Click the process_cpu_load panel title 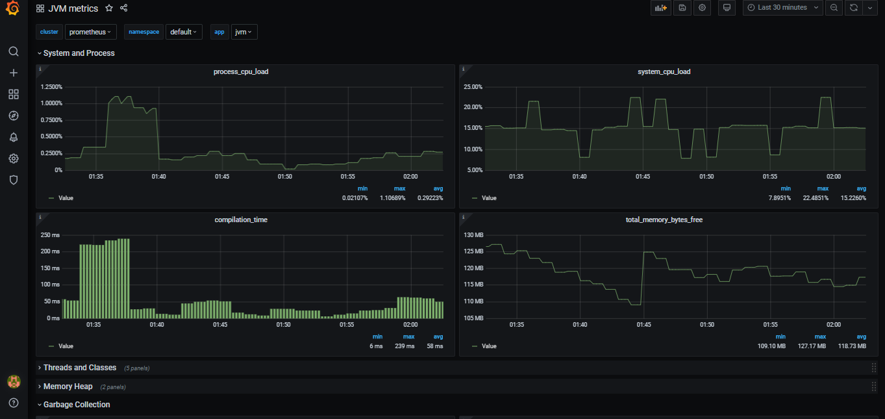241,71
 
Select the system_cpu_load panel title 664,71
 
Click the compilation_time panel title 241,220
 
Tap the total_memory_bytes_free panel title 664,220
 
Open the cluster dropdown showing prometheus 90,32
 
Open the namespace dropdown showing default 184,32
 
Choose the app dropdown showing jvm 243,32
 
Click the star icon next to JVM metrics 109,8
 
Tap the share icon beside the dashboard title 124,8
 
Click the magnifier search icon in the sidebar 14,51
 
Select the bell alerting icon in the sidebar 14,137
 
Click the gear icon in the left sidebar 14,159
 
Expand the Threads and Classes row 79,368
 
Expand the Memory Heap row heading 68,387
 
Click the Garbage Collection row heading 76,405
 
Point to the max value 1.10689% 392,198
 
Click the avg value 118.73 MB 852,346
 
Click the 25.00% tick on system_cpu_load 473,86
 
